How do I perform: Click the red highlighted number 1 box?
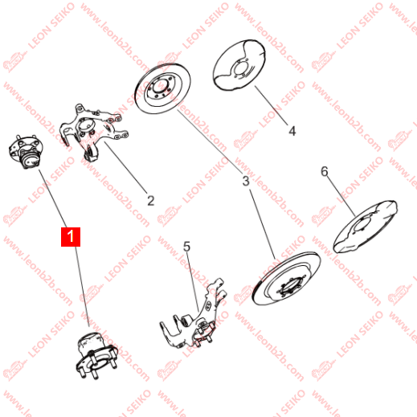[71, 237]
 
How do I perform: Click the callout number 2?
[151, 201]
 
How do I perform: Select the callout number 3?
[246, 181]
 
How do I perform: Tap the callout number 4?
[292, 131]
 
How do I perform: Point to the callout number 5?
[186, 247]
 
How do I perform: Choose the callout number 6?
[325, 171]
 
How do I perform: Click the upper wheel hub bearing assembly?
[26, 152]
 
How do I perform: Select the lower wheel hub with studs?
[96, 355]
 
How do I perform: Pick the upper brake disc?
[162, 88]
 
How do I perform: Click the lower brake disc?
[286, 279]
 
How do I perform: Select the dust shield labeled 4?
[239, 65]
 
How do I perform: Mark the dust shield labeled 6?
[365, 227]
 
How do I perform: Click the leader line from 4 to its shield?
[271, 105]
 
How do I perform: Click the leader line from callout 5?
[193, 282]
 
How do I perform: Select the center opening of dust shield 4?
[239, 68]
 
